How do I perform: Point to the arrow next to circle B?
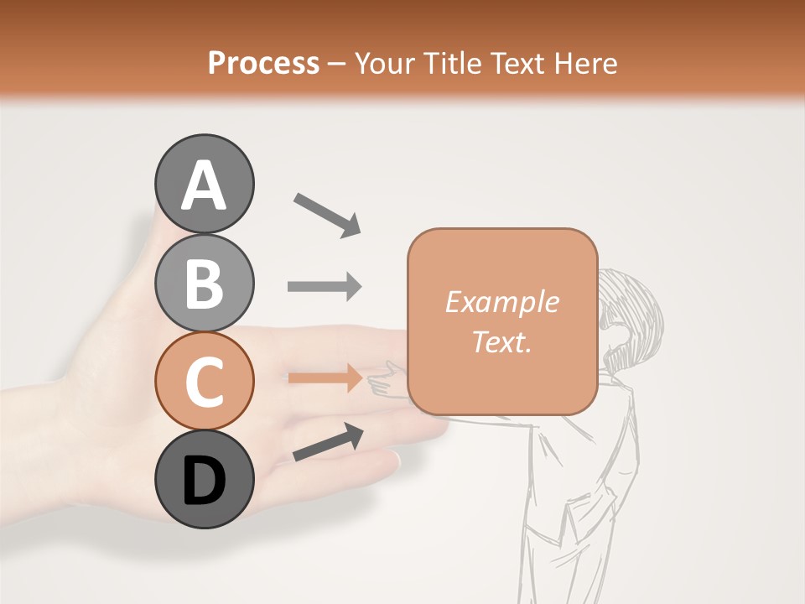(325, 287)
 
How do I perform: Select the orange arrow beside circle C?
(325, 378)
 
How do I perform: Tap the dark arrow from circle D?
(328, 442)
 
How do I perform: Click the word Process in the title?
(263, 63)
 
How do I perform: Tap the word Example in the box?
(501, 302)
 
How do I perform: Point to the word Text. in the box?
(501, 342)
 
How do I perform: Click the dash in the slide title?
(337, 64)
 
